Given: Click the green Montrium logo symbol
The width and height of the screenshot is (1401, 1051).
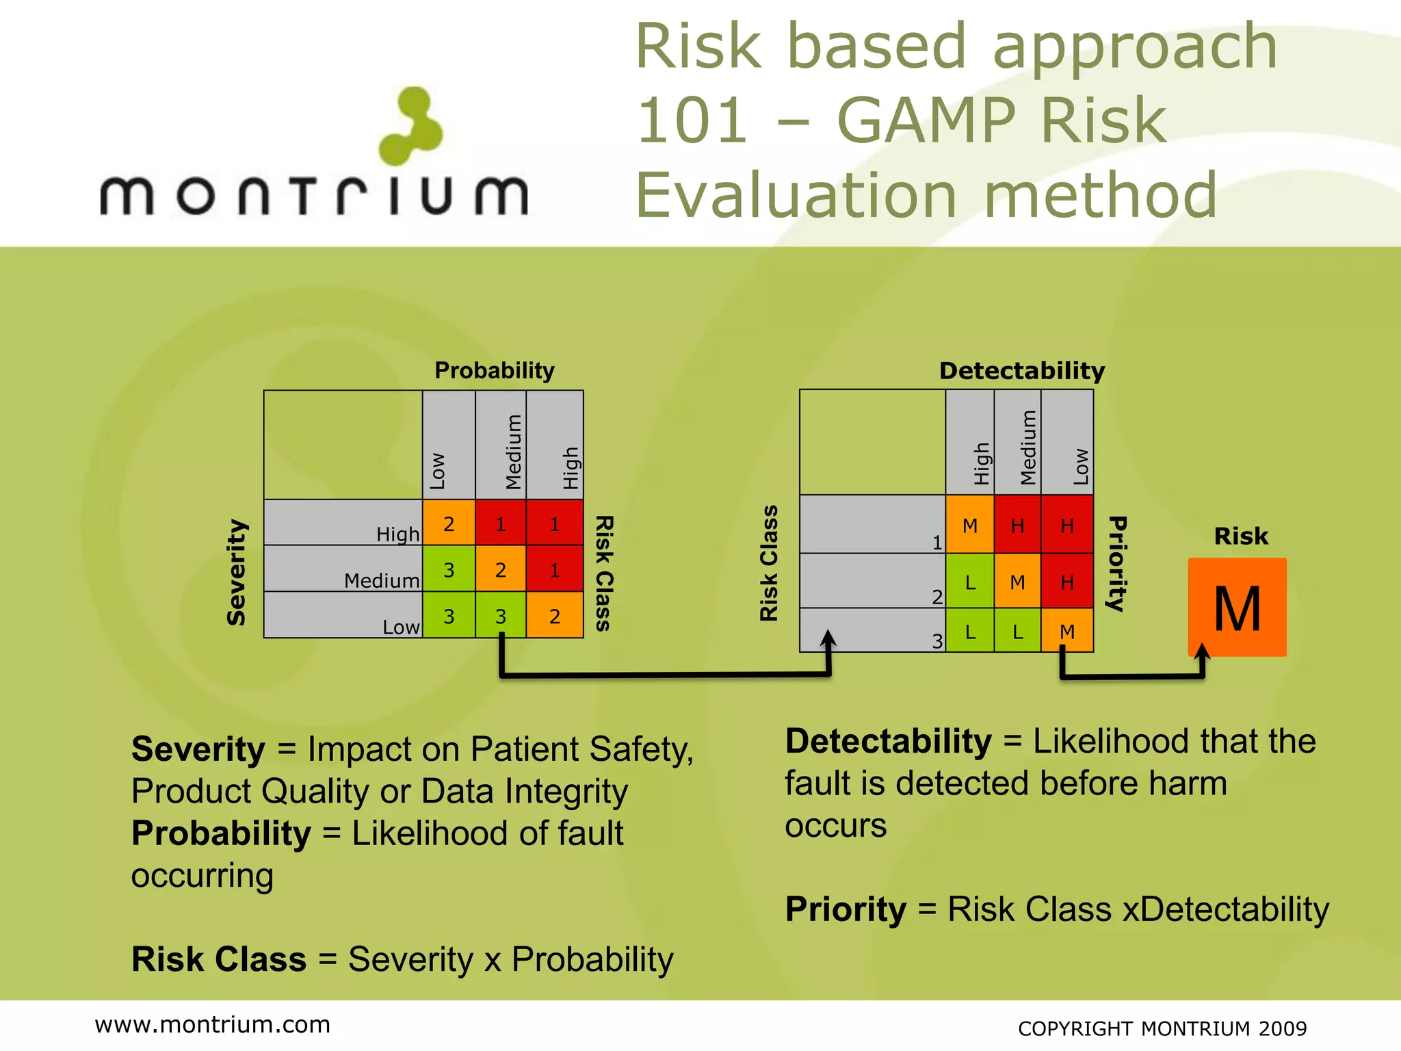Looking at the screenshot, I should (411, 127).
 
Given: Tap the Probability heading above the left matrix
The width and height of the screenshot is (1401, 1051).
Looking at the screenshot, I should (495, 370).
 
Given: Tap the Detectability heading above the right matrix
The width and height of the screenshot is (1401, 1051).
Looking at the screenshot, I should (1022, 370).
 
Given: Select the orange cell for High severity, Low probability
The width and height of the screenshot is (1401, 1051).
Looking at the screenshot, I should (449, 523).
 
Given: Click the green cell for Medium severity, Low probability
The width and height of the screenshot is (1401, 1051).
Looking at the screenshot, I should (449, 569).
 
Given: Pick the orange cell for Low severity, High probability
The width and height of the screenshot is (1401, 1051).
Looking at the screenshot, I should (555, 616).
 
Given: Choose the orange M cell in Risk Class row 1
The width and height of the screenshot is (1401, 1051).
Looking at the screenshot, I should (970, 525).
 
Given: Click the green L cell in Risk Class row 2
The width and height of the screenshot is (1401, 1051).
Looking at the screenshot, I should (970, 582).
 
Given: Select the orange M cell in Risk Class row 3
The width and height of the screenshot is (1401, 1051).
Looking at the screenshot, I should (1067, 631).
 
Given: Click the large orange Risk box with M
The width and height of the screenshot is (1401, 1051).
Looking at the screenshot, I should (1237, 608).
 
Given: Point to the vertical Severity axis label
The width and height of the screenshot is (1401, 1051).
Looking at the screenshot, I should (237, 572).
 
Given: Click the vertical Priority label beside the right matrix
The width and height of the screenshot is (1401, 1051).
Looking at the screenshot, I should (1116, 563).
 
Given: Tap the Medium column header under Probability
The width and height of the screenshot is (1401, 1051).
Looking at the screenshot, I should (513, 452).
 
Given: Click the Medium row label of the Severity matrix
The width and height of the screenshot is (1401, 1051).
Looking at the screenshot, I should (381, 580).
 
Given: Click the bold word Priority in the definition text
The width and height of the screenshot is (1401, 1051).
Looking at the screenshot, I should (846, 909).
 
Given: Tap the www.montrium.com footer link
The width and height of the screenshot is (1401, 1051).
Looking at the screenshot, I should (213, 1024).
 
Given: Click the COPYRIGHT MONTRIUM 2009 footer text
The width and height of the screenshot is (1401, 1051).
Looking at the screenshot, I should (1162, 1028).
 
